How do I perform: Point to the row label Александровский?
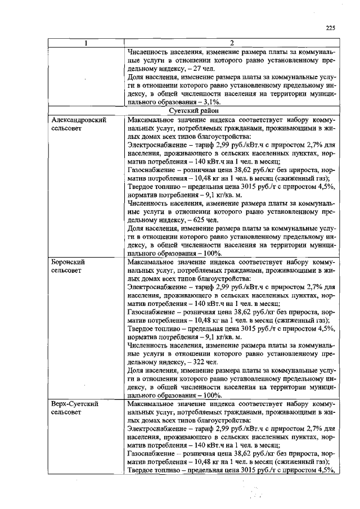click(x=76, y=120)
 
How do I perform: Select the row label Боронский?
click(x=67, y=262)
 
